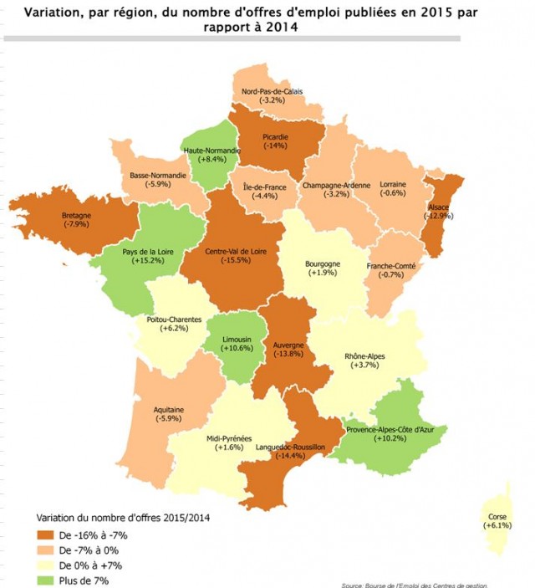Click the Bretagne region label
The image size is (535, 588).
tap(77, 215)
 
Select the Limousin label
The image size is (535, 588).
tap(238, 339)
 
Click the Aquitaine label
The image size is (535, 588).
tap(169, 410)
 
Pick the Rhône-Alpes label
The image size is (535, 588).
tap(365, 355)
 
